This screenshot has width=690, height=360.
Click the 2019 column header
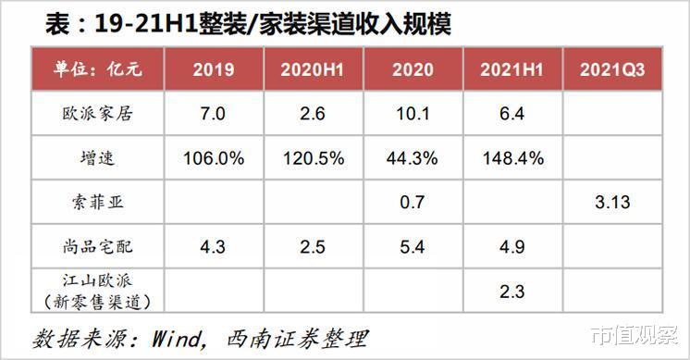[214, 70]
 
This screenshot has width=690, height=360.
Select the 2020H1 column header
[314, 70]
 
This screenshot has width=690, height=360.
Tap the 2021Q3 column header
[611, 70]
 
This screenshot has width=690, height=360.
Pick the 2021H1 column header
[512, 70]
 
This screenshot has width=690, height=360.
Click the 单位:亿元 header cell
[98, 70]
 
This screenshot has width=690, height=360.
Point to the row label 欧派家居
[98, 115]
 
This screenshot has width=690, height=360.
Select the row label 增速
[98, 158]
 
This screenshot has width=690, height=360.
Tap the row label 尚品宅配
[98, 247]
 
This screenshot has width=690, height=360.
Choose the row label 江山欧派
[98, 279]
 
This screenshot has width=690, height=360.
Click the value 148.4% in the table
[512, 158]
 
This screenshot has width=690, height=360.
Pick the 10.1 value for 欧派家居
[413, 115]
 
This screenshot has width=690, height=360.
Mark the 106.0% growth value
[214, 158]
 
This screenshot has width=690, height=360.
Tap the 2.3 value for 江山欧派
[512, 291]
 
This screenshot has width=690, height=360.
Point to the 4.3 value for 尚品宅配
[214, 247]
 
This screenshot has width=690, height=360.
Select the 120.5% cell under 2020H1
[314, 158]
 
